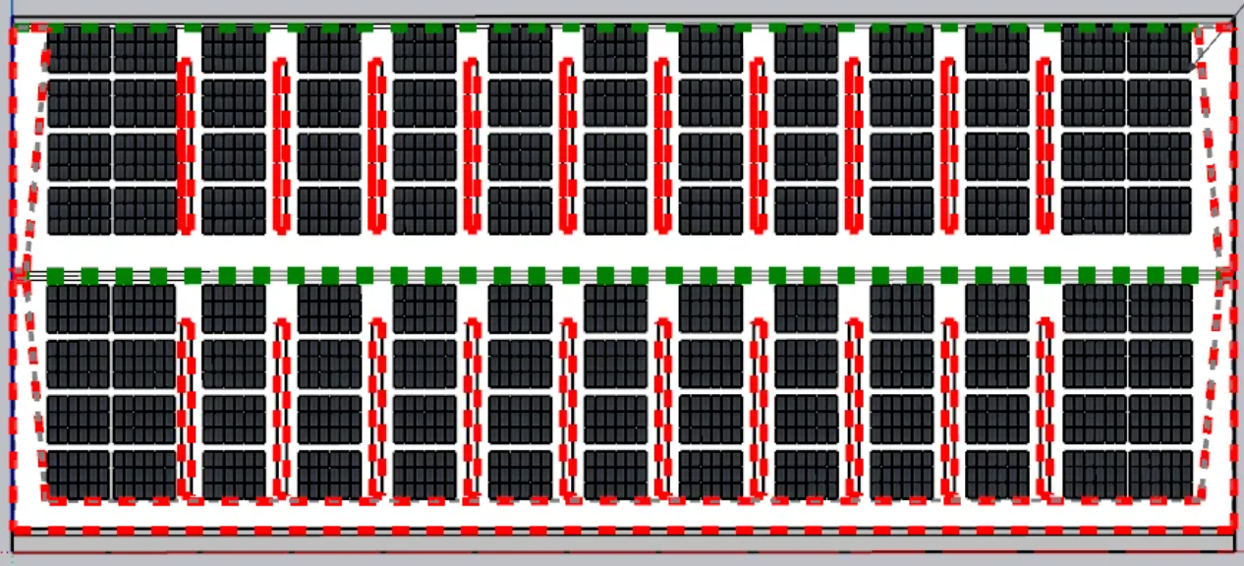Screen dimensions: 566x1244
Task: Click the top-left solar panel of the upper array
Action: coord(80,49)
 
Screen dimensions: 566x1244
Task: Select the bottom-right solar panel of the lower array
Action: coord(1160,475)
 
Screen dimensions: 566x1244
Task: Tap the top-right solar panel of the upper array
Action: coord(1159,49)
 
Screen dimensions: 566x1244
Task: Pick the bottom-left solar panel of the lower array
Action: coord(79,475)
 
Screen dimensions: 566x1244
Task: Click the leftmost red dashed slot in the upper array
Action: coord(185,145)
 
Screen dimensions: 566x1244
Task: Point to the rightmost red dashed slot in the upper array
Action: coord(1045,145)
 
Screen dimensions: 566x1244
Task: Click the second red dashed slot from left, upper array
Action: coord(281,145)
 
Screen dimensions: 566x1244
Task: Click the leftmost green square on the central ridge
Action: coord(55,275)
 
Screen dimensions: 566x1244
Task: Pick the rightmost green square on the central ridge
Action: coord(1189,275)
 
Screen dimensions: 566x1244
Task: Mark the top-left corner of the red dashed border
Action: coord(14,30)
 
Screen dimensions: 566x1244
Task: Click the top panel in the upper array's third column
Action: coord(234,49)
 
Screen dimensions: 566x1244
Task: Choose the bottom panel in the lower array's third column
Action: coord(234,475)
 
